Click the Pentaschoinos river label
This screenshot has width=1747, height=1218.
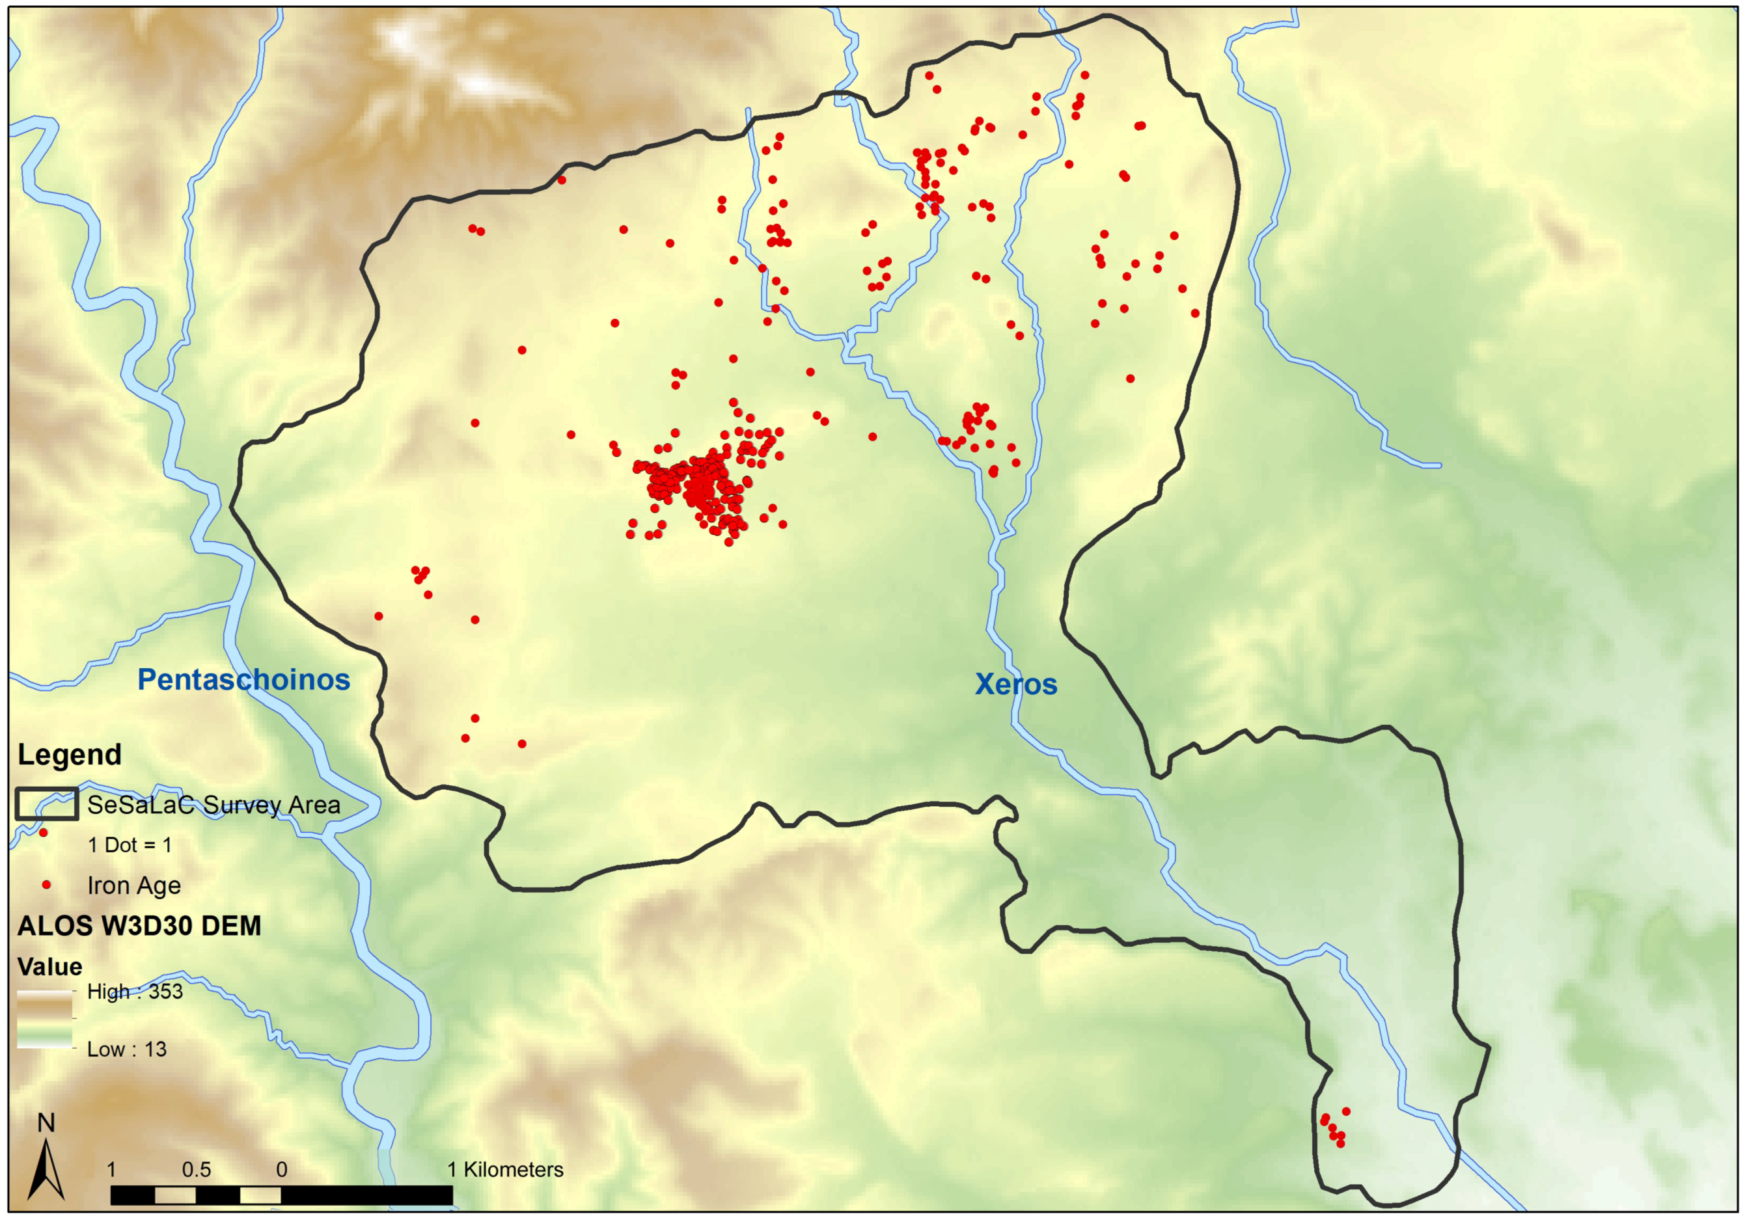click(243, 679)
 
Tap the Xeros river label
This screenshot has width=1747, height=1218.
click(1016, 684)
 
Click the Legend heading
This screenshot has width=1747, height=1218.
click(69, 755)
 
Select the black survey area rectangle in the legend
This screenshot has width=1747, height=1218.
click(47, 804)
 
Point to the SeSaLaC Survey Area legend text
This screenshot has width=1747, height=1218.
click(213, 805)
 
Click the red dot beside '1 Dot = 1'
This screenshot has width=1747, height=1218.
click(44, 833)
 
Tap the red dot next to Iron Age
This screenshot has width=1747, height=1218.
click(46, 885)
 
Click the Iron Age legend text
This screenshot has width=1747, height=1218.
click(134, 886)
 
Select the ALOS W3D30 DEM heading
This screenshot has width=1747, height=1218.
click(139, 926)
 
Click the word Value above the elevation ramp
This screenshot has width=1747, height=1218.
click(50, 967)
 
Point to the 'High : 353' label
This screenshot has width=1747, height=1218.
click(135, 992)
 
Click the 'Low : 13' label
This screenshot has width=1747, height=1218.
click(126, 1049)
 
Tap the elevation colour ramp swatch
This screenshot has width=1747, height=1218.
click(45, 1020)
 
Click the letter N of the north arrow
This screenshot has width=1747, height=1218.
click(46, 1123)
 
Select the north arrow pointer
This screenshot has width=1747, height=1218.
click(46, 1168)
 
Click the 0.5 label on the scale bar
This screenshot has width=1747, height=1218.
click(197, 1169)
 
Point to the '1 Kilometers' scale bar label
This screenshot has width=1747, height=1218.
click(505, 1169)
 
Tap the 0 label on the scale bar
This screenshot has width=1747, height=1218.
click(282, 1169)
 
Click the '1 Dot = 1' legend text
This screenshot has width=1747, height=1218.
click(130, 845)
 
